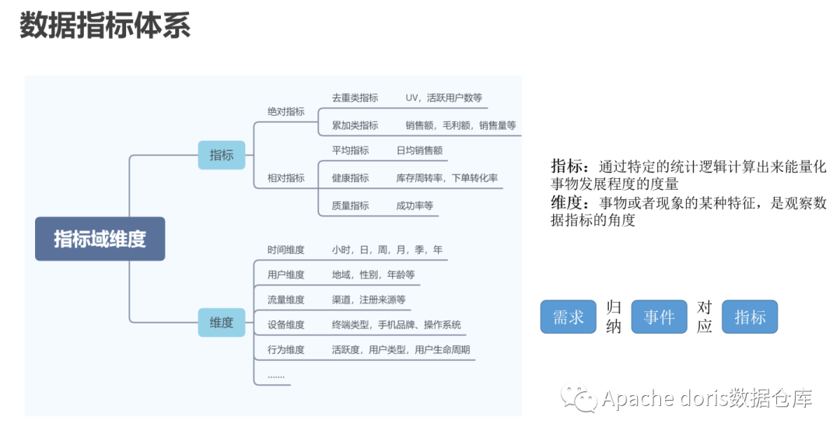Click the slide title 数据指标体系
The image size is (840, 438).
105,26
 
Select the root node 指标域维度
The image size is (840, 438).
100,239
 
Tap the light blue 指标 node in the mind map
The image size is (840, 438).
222,155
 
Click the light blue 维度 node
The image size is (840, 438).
222,322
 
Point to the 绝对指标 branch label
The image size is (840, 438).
286,112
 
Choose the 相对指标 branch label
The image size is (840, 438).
286,178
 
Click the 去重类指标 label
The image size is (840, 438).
355,98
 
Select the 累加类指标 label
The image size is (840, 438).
355,125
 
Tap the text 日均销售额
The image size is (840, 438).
419,150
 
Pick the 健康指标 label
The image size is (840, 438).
350,178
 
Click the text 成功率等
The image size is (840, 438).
415,205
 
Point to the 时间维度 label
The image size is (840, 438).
286,250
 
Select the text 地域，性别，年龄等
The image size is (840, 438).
373,275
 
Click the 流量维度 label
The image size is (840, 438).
286,300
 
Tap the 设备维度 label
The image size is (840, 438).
286,324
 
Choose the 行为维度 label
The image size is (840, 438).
286,350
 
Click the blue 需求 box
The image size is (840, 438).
568,317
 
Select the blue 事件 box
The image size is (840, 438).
659,317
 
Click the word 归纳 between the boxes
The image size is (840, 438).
614,317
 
